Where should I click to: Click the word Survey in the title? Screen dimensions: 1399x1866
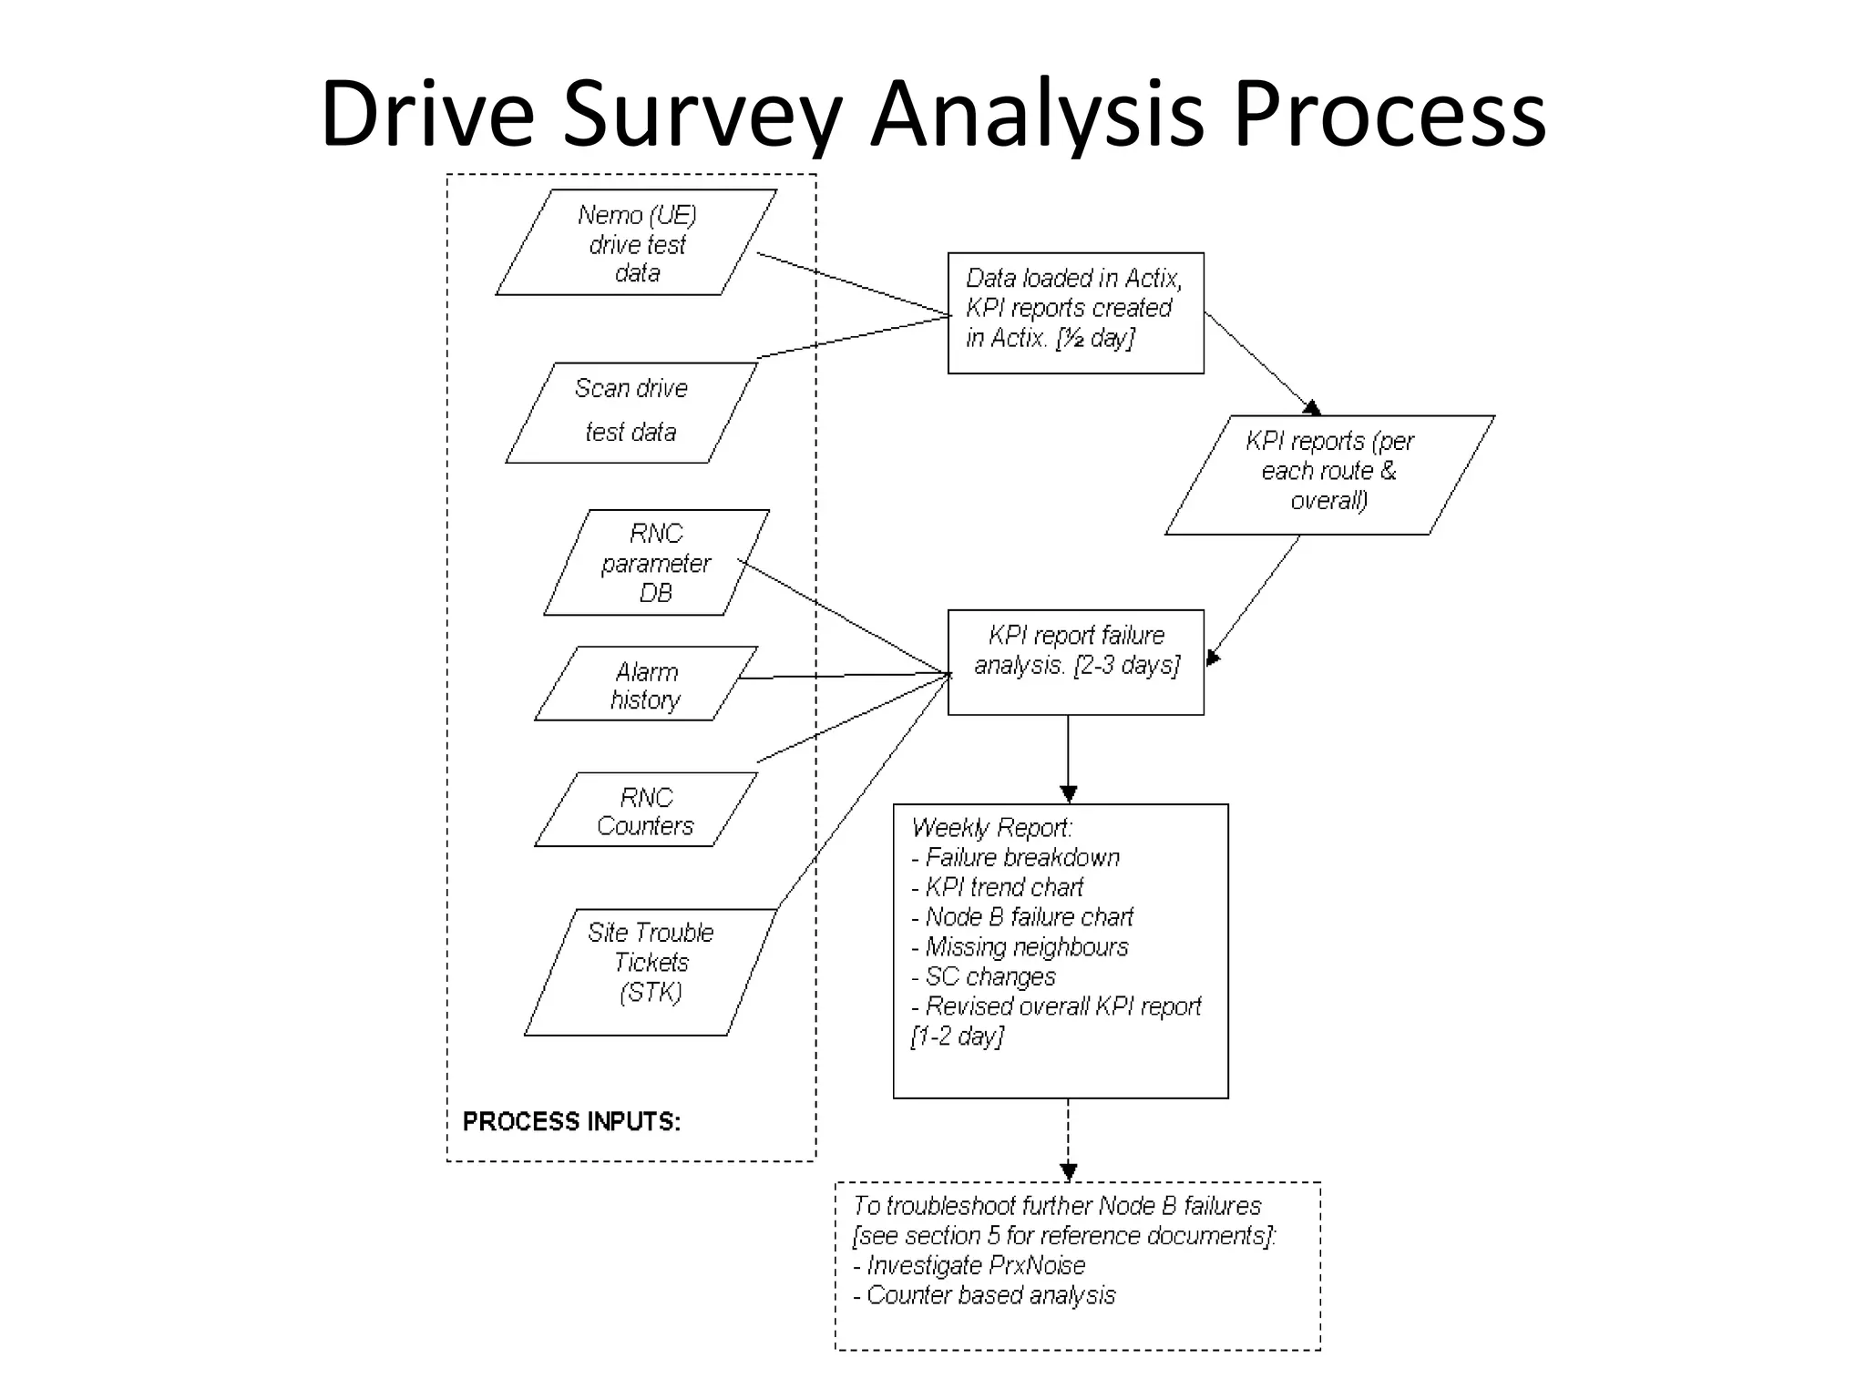click(702, 115)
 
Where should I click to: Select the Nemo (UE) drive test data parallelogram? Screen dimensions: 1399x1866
click(636, 242)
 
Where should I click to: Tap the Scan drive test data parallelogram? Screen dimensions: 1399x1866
click(631, 412)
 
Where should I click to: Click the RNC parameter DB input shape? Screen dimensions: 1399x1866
click(655, 562)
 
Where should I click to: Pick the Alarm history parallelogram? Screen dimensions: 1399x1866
click(645, 684)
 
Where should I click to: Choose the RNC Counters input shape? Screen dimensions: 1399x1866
click(645, 811)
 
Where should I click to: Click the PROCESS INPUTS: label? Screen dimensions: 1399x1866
click(571, 1121)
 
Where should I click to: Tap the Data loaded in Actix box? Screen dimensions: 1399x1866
click(1075, 311)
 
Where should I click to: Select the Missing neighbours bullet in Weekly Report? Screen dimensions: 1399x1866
click(1025, 947)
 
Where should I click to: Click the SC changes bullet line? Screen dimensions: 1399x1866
click(989, 976)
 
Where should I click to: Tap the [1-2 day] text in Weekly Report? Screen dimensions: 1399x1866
click(957, 1036)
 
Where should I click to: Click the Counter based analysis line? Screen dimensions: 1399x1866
click(989, 1295)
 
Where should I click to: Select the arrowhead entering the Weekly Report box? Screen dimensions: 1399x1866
click(1068, 793)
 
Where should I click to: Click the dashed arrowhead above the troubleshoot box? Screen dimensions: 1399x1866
click(1068, 1171)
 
